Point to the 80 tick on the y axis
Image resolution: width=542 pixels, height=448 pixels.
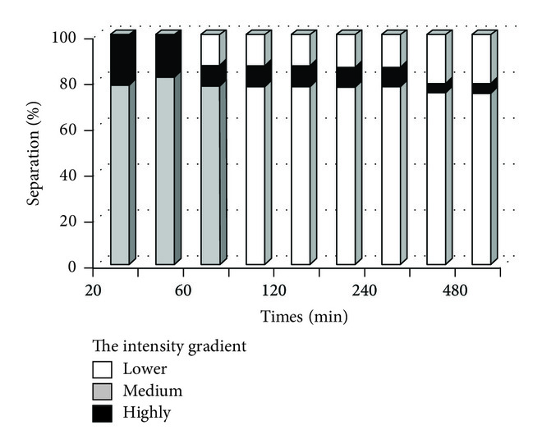click(71, 85)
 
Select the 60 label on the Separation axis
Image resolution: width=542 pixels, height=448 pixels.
click(71, 130)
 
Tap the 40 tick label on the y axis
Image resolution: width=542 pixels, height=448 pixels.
click(71, 176)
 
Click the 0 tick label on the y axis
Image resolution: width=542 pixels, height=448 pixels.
click(74, 267)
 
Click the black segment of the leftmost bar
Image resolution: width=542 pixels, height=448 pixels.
click(120, 59)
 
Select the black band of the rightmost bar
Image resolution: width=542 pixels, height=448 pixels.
click(482, 89)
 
